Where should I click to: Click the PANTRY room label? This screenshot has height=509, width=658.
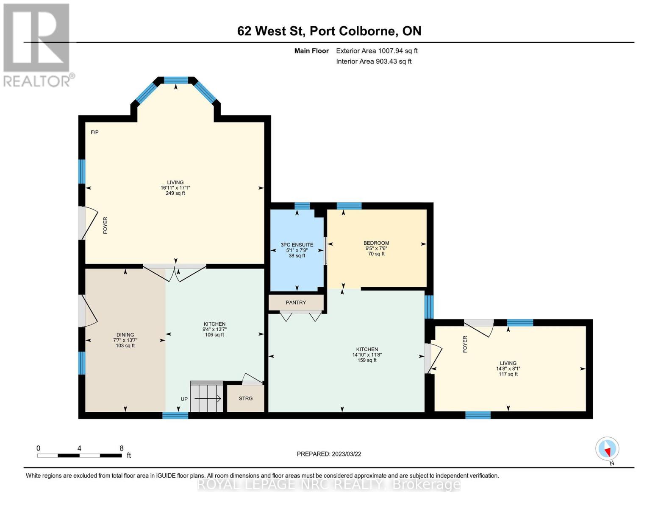click(x=296, y=302)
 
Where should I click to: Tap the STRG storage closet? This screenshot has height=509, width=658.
click(x=246, y=398)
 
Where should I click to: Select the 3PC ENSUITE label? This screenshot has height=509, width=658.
click(x=297, y=245)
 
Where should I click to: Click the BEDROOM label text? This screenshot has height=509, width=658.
click(x=376, y=243)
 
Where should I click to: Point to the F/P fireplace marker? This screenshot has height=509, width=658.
click(x=94, y=132)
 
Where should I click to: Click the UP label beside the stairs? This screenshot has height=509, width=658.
click(x=184, y=399)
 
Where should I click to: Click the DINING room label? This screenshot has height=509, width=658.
click(x=125, y=335)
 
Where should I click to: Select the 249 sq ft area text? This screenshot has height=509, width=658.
click(x=175, y=193)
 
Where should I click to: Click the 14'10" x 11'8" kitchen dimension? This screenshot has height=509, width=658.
click(x=367, y=355)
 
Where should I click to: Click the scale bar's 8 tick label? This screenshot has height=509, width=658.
click(x=122, y=448)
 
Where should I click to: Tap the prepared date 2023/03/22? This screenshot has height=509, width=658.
click(x=329, y=454)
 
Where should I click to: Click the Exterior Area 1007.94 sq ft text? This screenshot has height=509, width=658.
click(x=377, y=51)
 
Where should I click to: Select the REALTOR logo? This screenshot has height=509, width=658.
click(x=37, y=45)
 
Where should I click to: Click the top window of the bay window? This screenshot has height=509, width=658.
click(x=176, y=79)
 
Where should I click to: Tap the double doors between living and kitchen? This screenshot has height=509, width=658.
click(x=175, y=272)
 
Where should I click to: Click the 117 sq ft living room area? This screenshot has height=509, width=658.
click(x=508, y=374)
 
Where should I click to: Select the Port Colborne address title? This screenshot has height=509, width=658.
click(x=329, y=31)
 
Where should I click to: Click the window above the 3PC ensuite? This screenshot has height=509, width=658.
click(x=302, y=206)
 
